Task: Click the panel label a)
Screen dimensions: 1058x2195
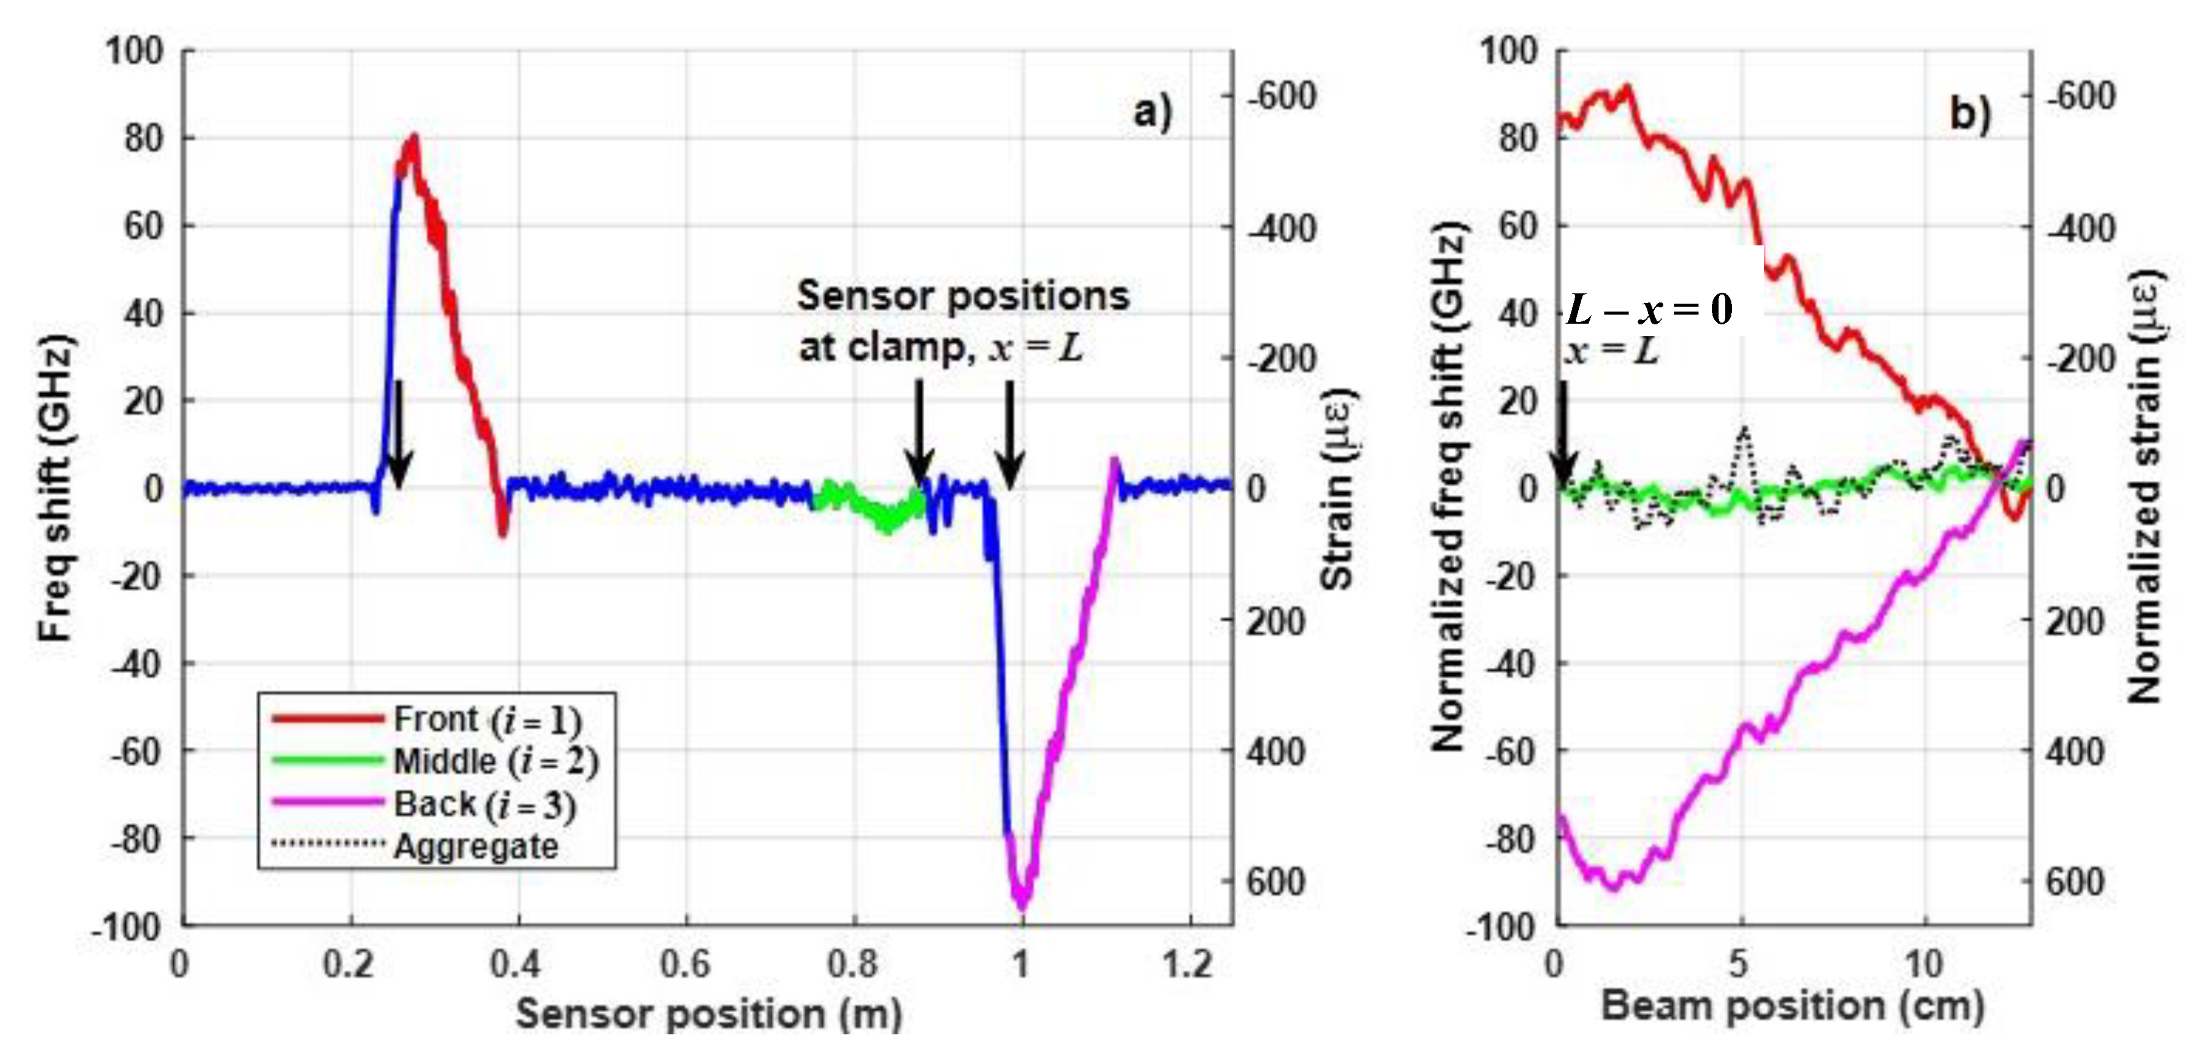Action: [1152, 112]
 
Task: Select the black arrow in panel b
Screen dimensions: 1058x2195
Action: [1563, 434]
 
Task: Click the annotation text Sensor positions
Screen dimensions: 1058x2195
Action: [962, 296]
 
